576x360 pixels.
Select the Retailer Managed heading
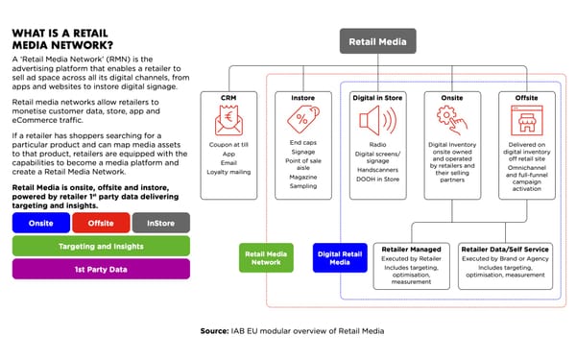(411, 249)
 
